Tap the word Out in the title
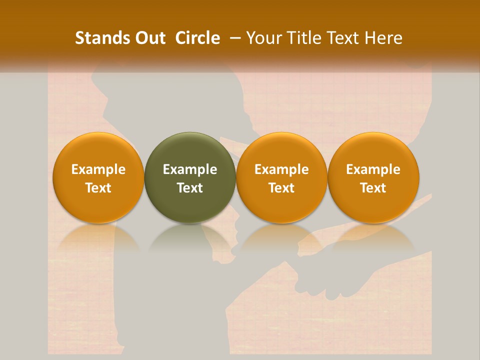coord(149,38)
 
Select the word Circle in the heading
coord(197,38)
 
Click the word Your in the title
coord(263,38)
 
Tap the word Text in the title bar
coord(341,38)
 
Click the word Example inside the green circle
coord(190,170)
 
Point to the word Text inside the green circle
coord(190,188)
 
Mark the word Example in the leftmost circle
coord(98,170)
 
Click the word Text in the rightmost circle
coord(373,188)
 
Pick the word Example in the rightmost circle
coord(373,170)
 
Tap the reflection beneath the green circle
coord(190,238)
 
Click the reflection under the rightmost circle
coord(373,238)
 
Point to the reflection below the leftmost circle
coord(98,238)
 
